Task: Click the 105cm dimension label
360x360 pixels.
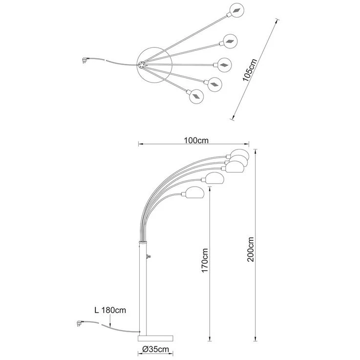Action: pos(250,70)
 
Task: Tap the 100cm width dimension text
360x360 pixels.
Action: pos(196,140)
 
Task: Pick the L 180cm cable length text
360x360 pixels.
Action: pos(110,310)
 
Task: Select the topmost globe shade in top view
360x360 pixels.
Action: pos(237,10)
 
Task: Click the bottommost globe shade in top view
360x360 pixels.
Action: pos(196,96)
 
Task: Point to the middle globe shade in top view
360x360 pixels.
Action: pos(224,65)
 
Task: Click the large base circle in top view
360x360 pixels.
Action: pos(154,65)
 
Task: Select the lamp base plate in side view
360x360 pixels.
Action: pos(155,339)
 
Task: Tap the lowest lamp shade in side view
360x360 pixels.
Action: pos(194,192)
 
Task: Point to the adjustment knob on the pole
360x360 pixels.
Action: pos(148,256)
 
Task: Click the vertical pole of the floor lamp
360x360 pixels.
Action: pos(143,288)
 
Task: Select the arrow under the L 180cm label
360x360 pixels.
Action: pos(110,321)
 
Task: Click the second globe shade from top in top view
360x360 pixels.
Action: pos(230,42)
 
